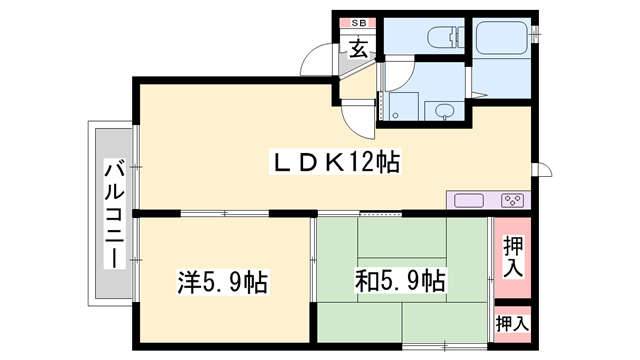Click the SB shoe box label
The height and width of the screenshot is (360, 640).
click(357, 22)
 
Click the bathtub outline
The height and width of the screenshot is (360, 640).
click(504, 37)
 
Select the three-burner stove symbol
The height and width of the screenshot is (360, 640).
click(513, 200)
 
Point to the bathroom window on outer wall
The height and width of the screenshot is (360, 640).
click(536, 35)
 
